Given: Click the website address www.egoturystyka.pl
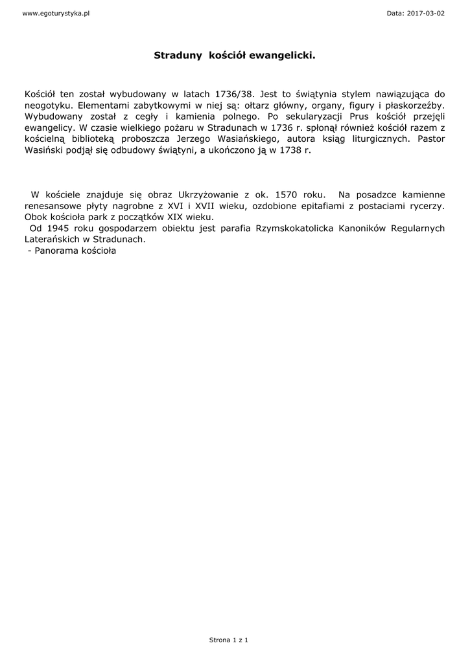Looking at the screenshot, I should (x=56, y=14).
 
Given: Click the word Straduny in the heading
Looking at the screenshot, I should (x=178, y=56).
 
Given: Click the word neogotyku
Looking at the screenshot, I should (x=46, y=105).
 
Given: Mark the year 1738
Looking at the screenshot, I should (x=290, y=150).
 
